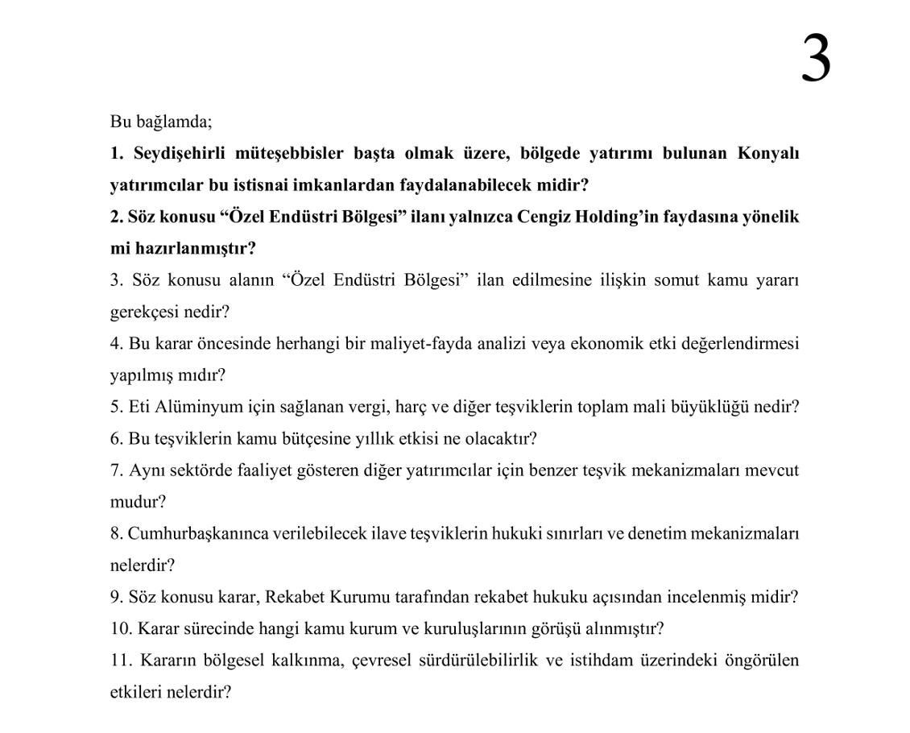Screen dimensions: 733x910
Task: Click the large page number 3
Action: pos(816,58)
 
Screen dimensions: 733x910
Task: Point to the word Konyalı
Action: pos(768,154)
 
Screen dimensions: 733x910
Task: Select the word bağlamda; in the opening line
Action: pos(173,122)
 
